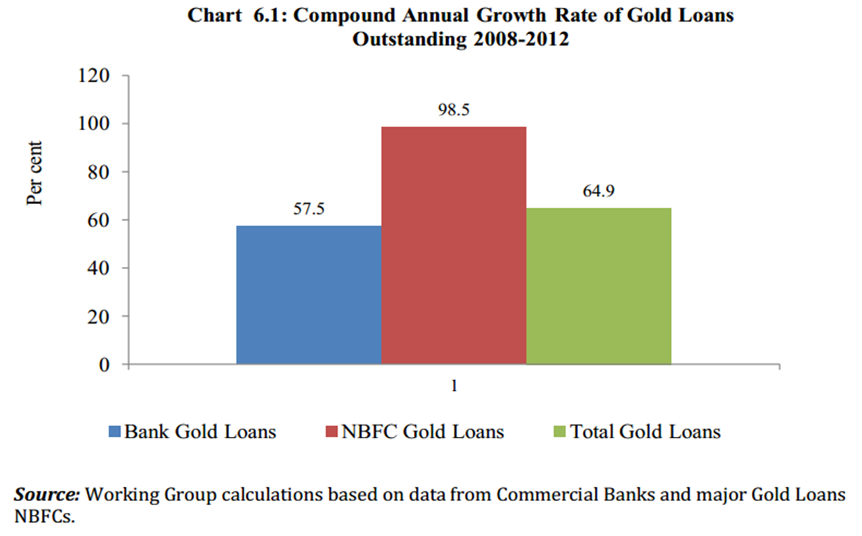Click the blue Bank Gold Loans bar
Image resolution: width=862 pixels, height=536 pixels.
pyautogui.click(x=309, y=294)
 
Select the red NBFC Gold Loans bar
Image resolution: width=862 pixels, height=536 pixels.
pyautogui.click(x=454, y=245)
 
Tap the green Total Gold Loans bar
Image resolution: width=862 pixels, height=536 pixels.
pyautogui.click(x=599, y=286)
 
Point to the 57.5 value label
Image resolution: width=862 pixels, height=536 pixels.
pyautogui.click(x=309, y=210)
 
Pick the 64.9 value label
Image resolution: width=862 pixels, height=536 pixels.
pyautogui.click(x=599, y=192)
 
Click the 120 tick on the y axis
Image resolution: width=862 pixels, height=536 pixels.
pyautogui.click(x=94, y=75)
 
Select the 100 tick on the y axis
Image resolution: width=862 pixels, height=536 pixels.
pyautogui.click(x=94, y=124)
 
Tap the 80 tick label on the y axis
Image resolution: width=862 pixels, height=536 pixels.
pyautogui.click(x=98, y=172)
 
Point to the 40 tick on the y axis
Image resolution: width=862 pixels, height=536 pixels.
pyautogui.click(x=98, y=268)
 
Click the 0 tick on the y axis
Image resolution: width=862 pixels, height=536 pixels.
pyautogui.click(x=105, y=365)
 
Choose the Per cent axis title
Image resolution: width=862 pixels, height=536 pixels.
pyautogui.click(x=35, y=173)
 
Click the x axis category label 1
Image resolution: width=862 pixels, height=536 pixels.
pyautogui.click(x=454, y=386)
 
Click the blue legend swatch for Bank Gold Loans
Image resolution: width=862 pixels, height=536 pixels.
pyautogui.click(x=115, y=432)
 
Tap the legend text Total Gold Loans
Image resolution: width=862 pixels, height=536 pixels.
pyautogui.click(x=645, y=432)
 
